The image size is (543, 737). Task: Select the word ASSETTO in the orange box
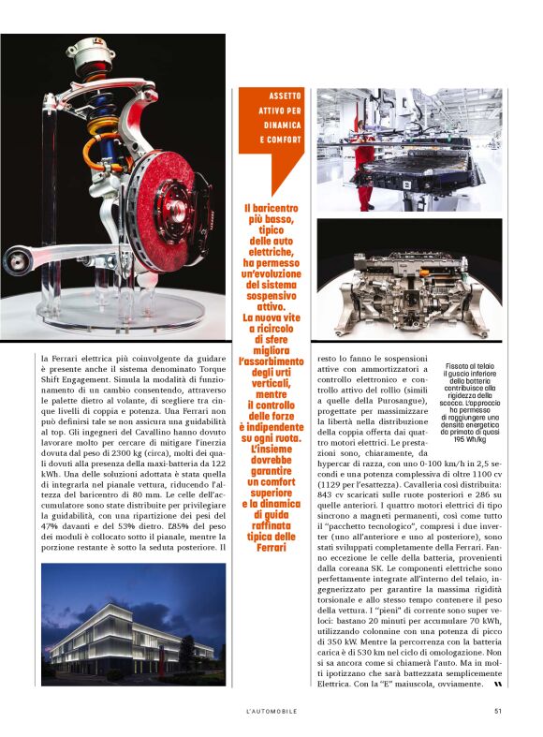tap(285, 96)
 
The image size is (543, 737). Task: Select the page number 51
tap(498, 711)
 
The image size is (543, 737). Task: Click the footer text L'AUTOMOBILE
tap(271, 711)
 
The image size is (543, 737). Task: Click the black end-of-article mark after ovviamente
tap(497, 685)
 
